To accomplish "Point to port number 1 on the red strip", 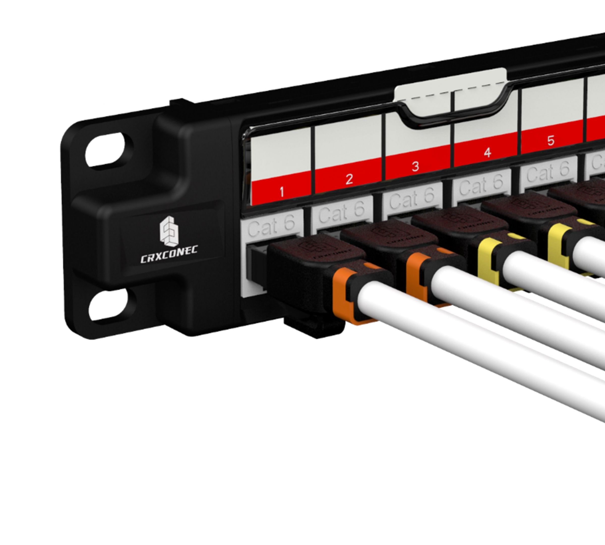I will click(x=282, y=192).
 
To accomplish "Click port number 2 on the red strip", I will click(x=349, y=179).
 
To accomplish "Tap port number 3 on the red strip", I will click(x=415, y=166).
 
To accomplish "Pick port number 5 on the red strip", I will click(x=551, y=141).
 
